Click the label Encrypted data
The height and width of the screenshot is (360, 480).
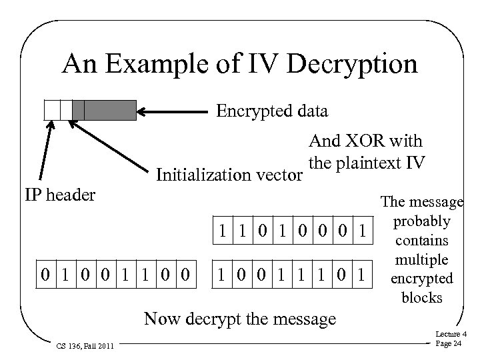coord(272,111)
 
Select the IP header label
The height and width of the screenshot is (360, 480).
coord(57,195)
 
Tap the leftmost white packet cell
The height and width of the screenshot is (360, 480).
coord(51,110)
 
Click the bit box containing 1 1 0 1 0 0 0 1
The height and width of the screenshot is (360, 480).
coord(291,231)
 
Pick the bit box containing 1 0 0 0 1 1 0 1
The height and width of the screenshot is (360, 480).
coord(291,273)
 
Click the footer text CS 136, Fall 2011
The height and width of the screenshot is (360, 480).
coord(84,346)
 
